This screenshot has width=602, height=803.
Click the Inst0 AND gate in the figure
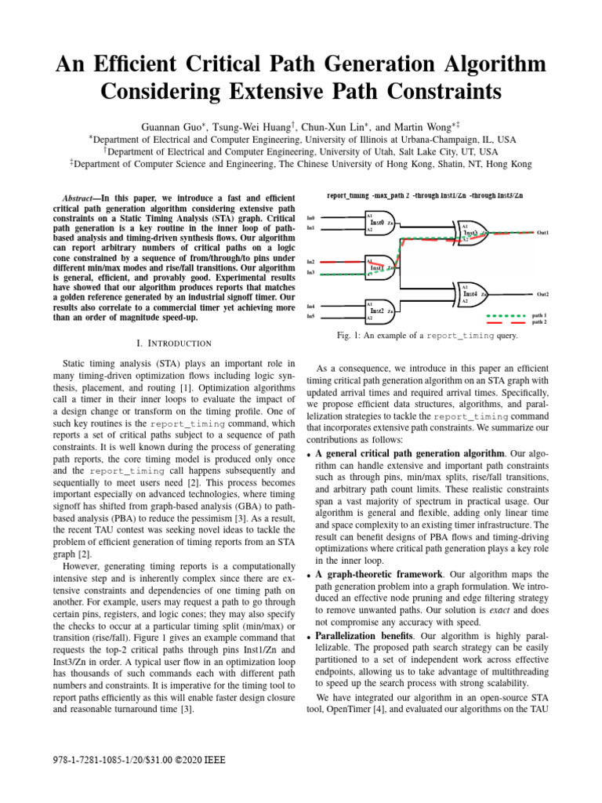click(379, 223)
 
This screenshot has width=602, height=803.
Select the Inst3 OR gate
click(472, 233)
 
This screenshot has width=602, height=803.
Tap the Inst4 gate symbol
click(472, 294)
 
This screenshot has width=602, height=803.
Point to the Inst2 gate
click(379, 311)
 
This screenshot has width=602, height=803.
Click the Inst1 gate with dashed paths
click(379, 267)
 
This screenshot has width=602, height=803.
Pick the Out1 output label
click(542, 233)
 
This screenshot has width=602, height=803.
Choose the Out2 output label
click(542, 294)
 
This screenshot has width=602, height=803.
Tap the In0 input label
click(311, 217)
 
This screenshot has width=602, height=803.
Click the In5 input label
click(311, 316)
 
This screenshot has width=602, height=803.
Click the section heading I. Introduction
click(174, 343)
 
